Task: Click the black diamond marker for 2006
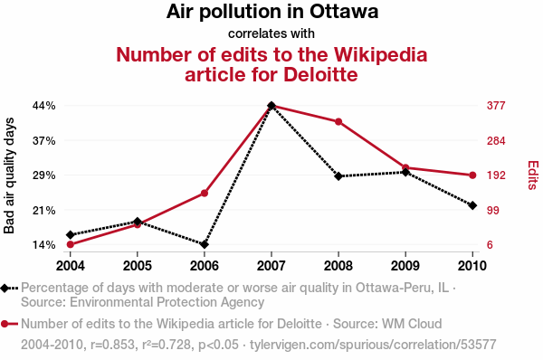pyautogui.click(x=205, y=244)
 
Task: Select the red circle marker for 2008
pyautogui.click(x=338, y=122)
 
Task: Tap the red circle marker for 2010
pyautogui.click(x=472, y=175)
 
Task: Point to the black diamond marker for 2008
pyautogui.click(x=338, y=176)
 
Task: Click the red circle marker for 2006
pyautogui.click(x=205, y=194)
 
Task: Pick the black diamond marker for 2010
pyautogui.click(x=472, y=205)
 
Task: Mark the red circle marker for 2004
pyautogui.click(x=71, y=244)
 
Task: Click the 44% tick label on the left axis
pyautogui.click(x=44, y=105)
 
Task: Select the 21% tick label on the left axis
pyautogui.click(x=44, y=210)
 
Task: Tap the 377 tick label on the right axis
pyautogui.click(x=496, y=105)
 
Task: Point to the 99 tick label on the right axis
pyautogui.click(x=493, y=210)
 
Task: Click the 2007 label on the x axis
pyautogui.click(x=271, y=266)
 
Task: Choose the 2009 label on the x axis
pyautogui.click(x=405, y=266)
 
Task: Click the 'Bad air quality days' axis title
pyautogui.click(x=9, y=175)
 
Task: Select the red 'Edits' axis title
pyautogui.click(x=533, y=175)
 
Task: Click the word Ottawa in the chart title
pyautogui.click(x=344, y=11)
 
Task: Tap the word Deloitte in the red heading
pyautogui.click(x=320, y=74)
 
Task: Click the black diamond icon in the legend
pyautogui.click(x=5, y=288)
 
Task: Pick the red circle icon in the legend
pyautogui.click(x=5, y=324)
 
